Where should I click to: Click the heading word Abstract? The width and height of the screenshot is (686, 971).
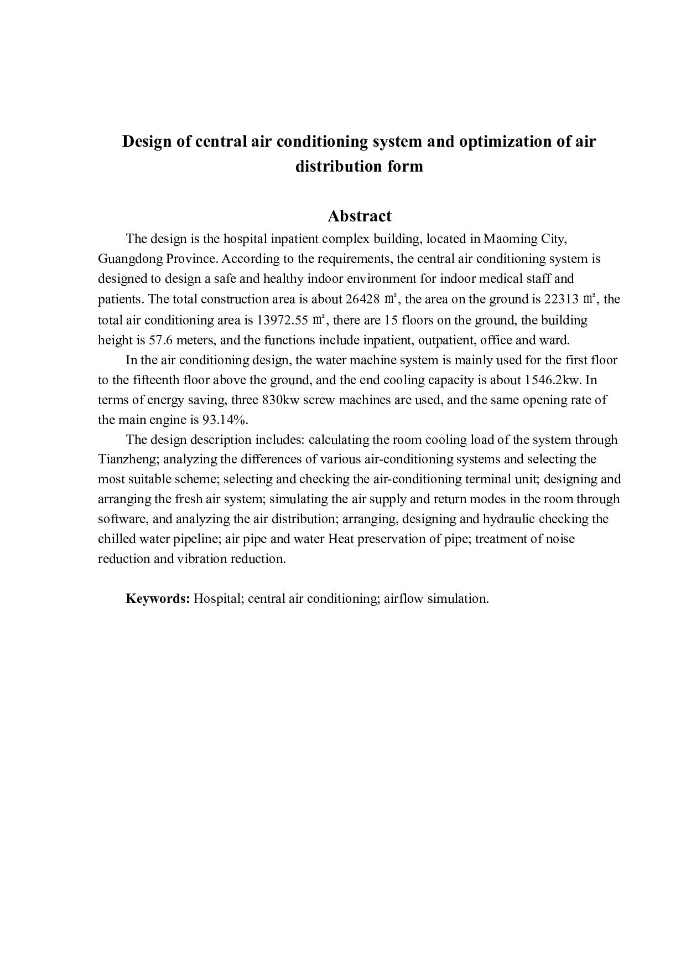pos(359,216)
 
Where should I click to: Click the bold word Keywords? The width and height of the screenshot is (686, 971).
pos(158,598)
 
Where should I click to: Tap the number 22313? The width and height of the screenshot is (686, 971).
pos(561,299)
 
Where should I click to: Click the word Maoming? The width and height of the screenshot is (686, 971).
pos(506,239)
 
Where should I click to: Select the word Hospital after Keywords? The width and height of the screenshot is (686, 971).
pos(216,598)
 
